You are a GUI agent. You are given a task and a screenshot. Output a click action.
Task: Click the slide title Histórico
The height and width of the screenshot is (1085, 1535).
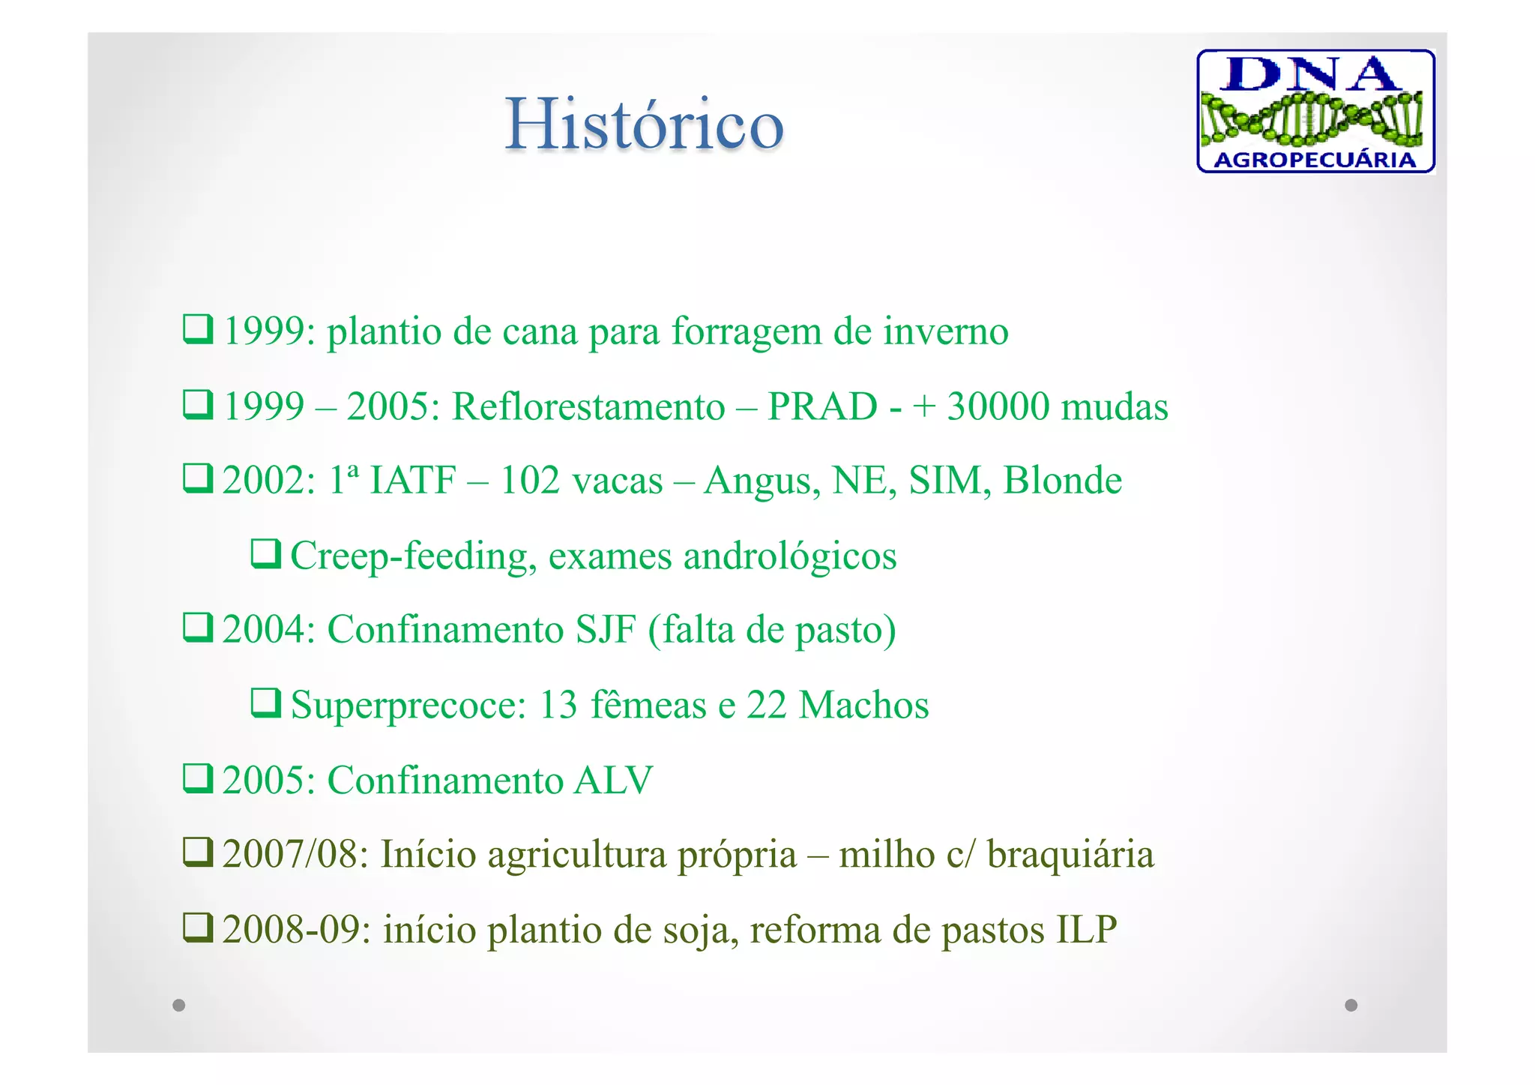click(644, 124)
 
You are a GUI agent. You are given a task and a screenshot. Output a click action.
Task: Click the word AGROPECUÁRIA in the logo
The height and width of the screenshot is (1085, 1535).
click(1315, 160)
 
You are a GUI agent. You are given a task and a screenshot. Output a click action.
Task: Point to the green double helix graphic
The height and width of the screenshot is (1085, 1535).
click(1312, 117)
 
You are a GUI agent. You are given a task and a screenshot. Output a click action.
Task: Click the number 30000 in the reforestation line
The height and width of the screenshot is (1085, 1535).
click(998, 407)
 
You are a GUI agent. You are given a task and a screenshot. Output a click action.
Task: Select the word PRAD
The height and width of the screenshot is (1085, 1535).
click(822, 407)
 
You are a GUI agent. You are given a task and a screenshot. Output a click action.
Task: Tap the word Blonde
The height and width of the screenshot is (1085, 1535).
click(1062, 481)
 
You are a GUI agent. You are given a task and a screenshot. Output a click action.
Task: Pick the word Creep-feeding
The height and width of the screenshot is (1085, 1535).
click(413, 556)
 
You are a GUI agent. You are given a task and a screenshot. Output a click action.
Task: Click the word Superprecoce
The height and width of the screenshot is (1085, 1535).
click(408, 706)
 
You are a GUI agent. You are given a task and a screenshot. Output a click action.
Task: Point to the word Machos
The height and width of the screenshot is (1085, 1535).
click(863, 706)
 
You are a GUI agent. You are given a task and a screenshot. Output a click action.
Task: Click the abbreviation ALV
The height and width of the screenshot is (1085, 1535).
click(613, 781)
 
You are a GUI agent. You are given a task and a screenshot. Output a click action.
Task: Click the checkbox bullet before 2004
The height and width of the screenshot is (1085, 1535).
click(199, 628)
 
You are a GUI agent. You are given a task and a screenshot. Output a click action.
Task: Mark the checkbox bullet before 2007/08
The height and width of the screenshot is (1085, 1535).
click(199, 853)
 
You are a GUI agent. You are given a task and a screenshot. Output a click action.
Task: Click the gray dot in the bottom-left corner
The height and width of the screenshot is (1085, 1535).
click(178, 1005)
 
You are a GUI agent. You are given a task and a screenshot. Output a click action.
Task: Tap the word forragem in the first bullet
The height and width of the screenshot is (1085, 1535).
click(746, 332)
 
